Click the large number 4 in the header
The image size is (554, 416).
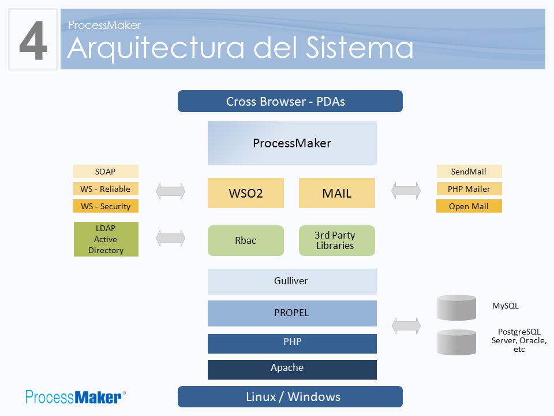tap(33, 40)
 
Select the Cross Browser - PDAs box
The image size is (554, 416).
tap(290, 101)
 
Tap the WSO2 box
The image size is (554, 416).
tap(246, 193)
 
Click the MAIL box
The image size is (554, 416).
tap(336, 193)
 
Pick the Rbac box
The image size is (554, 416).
tap(246, 240)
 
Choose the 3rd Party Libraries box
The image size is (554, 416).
tap(336, 240)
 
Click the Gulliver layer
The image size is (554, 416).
tap(292, 281)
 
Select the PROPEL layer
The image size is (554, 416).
tap(292, 313)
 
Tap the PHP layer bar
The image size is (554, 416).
tap(292, 343)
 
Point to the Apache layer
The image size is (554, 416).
tap(292, 370)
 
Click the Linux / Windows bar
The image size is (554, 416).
tap(290, 396)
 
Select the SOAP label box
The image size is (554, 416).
tap(106, 171)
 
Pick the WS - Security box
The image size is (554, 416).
tap(106, 206)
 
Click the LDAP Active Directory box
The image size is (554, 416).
tap(106, 239)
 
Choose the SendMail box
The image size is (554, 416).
tap(469, 171)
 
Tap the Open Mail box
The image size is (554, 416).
tap(469, 206)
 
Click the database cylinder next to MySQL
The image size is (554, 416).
tap(456, 307)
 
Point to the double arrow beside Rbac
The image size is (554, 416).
tap(170, 237)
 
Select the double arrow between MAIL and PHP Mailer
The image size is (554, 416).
tap(406, 191)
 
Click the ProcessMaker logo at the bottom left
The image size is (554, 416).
tap(75, 397)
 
